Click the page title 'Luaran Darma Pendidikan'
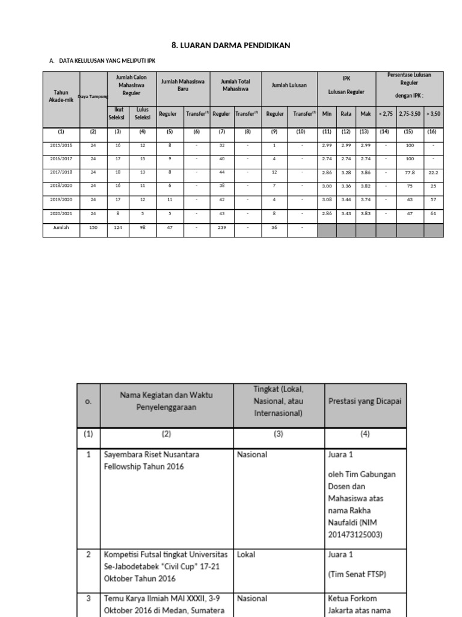(x=231, y=45)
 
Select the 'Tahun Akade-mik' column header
(x=61, y=96)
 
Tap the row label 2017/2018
(x=61, y=172)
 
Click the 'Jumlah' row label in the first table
(x=61, y=228)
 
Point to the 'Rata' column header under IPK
(x=346, y=113)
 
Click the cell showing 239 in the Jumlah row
(x=221, y=228)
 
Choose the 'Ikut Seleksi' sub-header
(x=118, y=113)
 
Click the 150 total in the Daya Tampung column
(x=93, y=228)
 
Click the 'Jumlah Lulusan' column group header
(x=289, y=86)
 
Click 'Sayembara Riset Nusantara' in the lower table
(x=151, y=455)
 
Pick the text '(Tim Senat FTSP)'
(x=357, y=574)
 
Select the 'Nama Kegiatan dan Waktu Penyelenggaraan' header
(x=167, y=401)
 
